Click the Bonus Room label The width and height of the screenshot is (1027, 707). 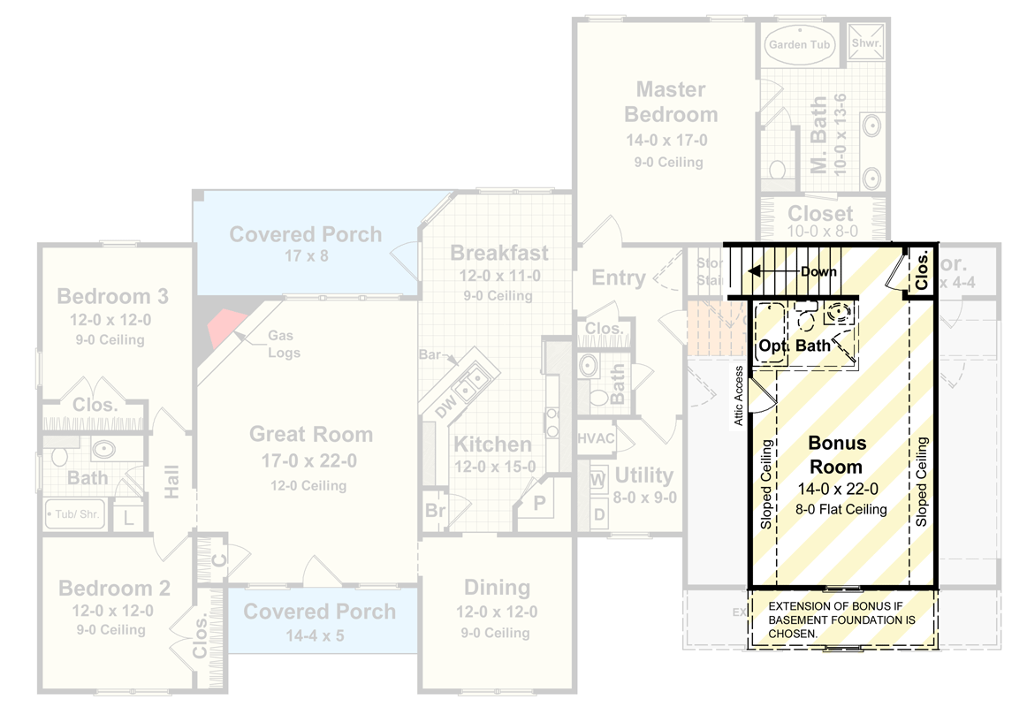[x=837, y=454]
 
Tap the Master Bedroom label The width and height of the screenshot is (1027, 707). [x=671, y=102]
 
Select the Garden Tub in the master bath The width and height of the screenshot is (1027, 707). [x=800, y=44]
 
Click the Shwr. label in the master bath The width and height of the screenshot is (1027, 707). [x=866, y=42]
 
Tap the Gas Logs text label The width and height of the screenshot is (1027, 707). [x=284, y=346]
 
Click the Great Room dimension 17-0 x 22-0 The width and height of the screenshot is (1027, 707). [x=309, y=461]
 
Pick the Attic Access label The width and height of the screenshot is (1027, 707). [x=738, y=396]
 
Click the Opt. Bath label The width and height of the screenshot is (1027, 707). [x=795, y=346]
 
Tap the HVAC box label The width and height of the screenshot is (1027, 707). [x=597, y=437]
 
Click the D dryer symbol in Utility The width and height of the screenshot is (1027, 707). [x=598, y=513]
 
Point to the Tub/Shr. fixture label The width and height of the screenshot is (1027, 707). [x=75, y=513]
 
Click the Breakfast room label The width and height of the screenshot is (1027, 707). [x=499, y=253]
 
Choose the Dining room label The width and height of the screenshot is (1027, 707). [x=497, y=588]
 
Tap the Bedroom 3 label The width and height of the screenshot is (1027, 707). [x=112, y=296]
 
